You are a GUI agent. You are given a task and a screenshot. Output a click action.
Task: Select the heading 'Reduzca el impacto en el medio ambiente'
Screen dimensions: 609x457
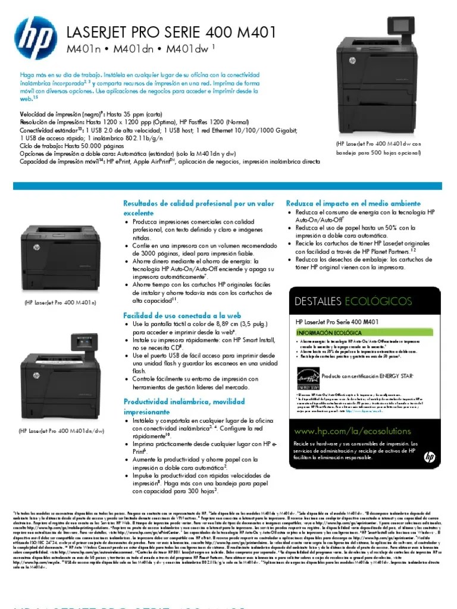353,203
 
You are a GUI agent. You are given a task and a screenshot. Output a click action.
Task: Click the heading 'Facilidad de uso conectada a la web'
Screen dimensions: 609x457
181,315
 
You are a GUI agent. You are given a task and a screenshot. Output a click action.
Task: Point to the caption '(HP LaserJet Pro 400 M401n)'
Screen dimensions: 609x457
60,303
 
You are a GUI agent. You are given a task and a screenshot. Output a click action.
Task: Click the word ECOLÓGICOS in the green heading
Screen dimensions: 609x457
378,302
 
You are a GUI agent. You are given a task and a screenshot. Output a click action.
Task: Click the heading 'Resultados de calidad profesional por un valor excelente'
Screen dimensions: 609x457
198,208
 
